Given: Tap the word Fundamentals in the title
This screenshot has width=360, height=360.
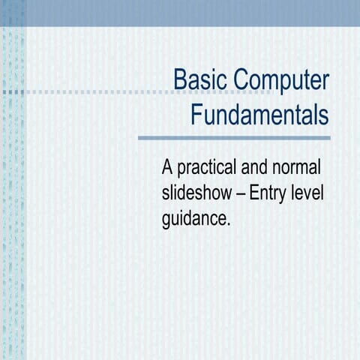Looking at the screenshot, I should click(x=259, y=115).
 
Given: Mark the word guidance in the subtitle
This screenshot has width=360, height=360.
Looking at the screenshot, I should click(x=193, y=220).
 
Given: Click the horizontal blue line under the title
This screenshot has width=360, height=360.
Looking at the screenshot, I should click(x=234, y=138).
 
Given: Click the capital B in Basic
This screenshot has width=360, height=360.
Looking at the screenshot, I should click(x=180, y=79).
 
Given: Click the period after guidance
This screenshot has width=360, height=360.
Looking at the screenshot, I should click(x=226, y=224).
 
